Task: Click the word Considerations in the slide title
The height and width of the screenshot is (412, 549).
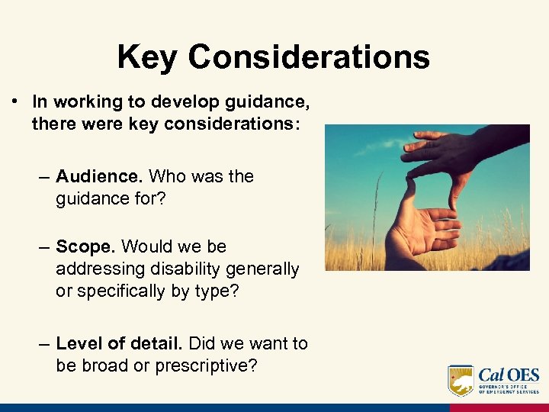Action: pyautogui.click(x=309, y=57)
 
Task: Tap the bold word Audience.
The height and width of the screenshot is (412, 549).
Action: pyautogui.click(x=99, y=176)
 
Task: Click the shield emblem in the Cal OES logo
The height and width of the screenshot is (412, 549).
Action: pyautogui.click(x=460, y=379)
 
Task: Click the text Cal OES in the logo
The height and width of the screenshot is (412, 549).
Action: pyautogui.click(x=509, y=375)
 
